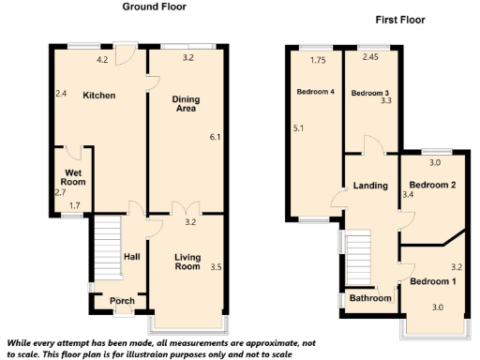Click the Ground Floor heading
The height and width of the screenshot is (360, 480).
tap(155, 7)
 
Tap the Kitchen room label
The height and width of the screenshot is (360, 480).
tap(98, 96)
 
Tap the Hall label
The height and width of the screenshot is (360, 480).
tap(132, 255)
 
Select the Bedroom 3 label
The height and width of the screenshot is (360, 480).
tap(369, 93)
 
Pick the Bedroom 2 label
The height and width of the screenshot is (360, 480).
tap(433, 186)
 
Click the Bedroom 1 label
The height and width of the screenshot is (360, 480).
tap(433, 282)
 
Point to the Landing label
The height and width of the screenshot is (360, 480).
tap(369, 186)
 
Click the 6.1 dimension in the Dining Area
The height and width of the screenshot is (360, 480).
tap(215, 138)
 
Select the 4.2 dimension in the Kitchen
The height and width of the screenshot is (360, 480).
tap(103, 59)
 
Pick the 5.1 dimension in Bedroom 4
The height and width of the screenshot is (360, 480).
tap(298, 128)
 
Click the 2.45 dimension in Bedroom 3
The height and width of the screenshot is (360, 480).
tap(369, 58)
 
